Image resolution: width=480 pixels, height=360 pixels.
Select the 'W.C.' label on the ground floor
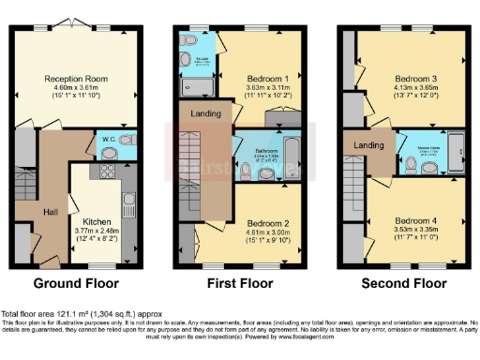[110, 139]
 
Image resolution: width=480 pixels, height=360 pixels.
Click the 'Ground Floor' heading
[74, 282]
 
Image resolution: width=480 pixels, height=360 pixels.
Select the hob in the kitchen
[106, 171]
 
